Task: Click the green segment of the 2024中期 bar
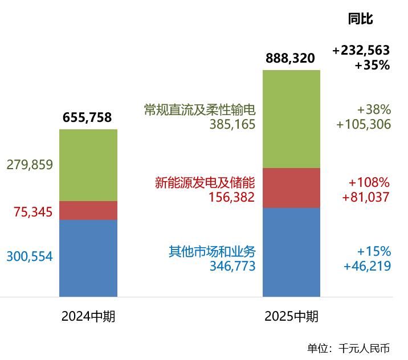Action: (88, 165)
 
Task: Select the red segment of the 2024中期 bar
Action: (88, 210)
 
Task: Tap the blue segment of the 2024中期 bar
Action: (88, 258)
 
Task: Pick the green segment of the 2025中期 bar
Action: (291, 119)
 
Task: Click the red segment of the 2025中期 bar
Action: (291, 188)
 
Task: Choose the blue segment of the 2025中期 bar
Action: (291, 252)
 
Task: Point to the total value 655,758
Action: (87, 118)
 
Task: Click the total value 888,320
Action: (290, 58)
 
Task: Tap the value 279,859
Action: (30, 165)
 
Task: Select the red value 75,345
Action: (33, 212)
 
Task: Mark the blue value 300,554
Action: (30, 257)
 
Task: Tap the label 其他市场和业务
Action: (212, 251)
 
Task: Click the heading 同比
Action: (360, 19)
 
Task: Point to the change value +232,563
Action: (361, 51)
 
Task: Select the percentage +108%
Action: (369, 183)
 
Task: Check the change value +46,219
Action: (367, 266)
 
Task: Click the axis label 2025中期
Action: (291, 317)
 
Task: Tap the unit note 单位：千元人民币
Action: (348, 348)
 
